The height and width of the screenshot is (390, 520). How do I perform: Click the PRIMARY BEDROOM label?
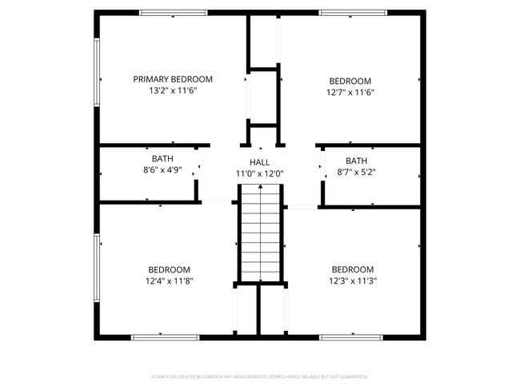pyautogui.click(x=173, y=79)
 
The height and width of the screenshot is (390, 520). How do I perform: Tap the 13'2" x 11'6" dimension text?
pyautogui.click(x=173, y=91)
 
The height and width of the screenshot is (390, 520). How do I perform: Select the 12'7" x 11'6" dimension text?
pyautogui.click(x=350, y=92)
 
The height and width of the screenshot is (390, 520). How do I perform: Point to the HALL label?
pyautogui.click(x=259, y=162)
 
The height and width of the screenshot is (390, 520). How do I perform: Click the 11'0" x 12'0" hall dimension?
pyautogui.click(x=259, y=173)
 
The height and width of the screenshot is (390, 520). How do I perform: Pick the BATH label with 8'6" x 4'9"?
pyautogui.click(x=162, y=158)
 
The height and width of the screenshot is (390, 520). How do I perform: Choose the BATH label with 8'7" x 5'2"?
pyautogui.click(x=357, y=161)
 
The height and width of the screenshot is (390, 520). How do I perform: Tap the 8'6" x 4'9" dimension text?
pyautogui.click(x=162, y=169)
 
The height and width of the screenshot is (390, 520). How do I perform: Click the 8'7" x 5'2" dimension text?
pyautogui.click(x=357, y=172)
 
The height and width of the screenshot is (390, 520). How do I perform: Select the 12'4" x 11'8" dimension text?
pyautogui.click(x=169, y=281)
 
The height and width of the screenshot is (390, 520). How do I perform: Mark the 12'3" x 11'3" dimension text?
pyautogui.click(x=353, y=281)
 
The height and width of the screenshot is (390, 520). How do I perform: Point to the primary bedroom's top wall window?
pyautogui.click(x=173, y=13)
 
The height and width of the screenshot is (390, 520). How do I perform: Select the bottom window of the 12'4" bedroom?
pyautogui.click(x=165, y=337)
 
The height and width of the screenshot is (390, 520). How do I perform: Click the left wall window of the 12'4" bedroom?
pyautogui.click(x=97, y=268)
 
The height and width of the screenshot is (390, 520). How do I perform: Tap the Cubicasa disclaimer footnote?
pyautogui.click(x=259, y=376)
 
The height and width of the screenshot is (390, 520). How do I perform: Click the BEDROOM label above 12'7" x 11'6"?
pyautogui.click(x=350, y=81)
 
